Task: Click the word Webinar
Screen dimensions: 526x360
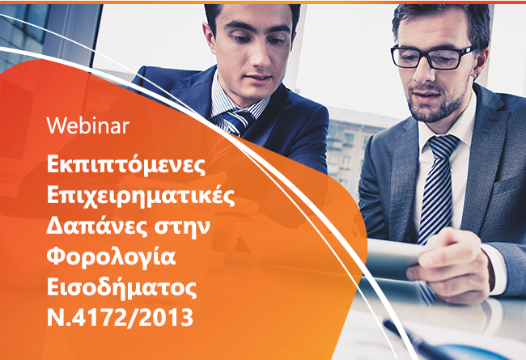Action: pyautogui.click(x=88, y=126)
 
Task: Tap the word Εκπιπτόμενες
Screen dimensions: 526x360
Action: pyautogui.click(x=125, y=165)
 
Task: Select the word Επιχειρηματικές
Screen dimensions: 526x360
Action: pyautogui.click(x=141, y=195)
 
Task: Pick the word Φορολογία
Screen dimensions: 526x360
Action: pyautogui.click(x=111, y=256)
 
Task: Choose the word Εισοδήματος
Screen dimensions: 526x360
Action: pyautogui.click(x=121, y=287)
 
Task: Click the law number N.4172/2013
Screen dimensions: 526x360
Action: pyautogui.click(x=120, y=318)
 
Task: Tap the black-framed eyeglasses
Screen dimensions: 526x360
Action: pyautogui.click(x=432, y=57)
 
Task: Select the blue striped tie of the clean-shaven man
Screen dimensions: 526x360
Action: pyautogui.click(x=237, y=121)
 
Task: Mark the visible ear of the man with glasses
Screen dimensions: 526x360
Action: pyautogui.click(x=481, y=64)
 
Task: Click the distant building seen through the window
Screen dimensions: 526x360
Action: pyautogui.click(x=349, y=147)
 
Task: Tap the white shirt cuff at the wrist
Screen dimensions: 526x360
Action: pyautogui.click(x=494, y=269)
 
